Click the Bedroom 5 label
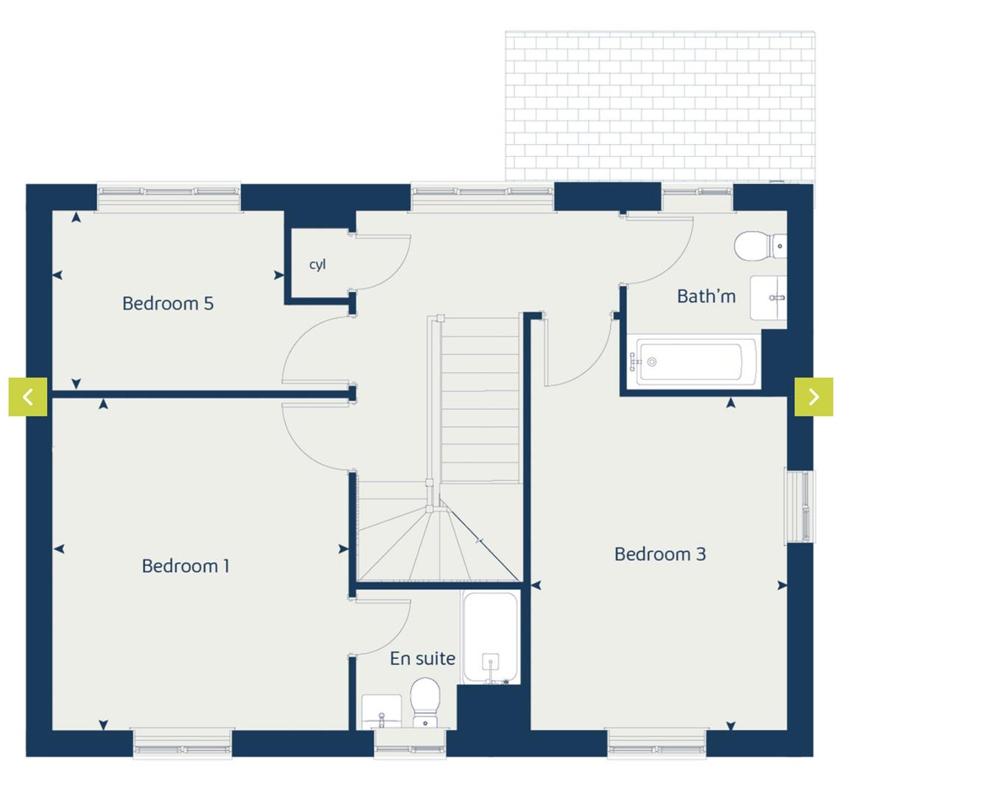[168, 303]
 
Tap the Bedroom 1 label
[186, 566]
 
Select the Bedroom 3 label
[660, 554]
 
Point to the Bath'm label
[706, 297]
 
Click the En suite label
[422, 659]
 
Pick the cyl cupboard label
[317, 264]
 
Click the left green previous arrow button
[28, 397]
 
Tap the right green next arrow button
[813, 397]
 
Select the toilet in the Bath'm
[757, 246]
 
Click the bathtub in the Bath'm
[692, 362]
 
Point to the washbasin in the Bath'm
[767, 297]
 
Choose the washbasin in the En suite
[382, 711]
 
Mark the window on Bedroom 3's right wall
[800, 506]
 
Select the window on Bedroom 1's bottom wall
[183, 743]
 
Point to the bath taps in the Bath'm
[634, 362]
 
